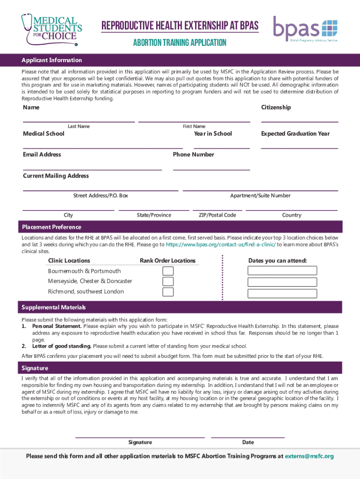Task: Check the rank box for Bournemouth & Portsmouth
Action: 168,271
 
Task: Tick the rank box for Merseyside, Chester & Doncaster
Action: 168,282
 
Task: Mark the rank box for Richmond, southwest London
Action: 168,292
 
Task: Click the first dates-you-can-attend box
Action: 282,270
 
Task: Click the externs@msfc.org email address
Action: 309,456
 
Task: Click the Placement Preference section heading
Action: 51,227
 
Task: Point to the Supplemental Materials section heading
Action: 54,307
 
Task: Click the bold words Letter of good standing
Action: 62,346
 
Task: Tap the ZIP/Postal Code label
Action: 217,215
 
